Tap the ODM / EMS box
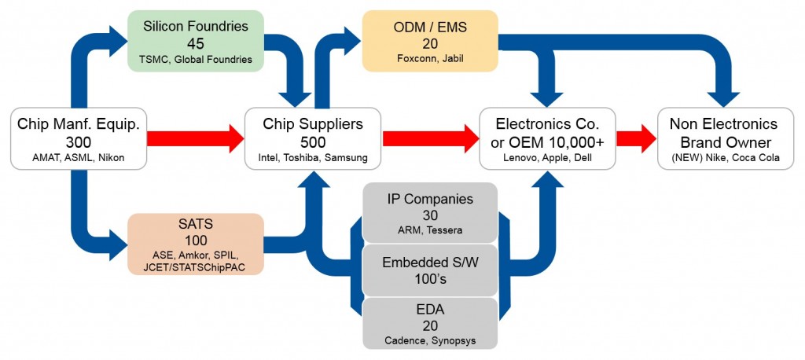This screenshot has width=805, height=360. (429, 40)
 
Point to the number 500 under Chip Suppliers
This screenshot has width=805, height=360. (313, 141)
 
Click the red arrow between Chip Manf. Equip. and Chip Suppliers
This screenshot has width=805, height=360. (194, 138)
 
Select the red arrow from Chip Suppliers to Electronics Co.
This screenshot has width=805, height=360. (430, 138)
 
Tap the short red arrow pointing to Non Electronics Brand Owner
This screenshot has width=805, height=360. (636, 138)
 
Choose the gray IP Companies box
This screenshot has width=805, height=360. (429, 213)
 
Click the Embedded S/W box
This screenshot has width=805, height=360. (429, 270)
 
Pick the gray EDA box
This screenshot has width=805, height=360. (429, 323)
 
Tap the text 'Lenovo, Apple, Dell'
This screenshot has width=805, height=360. (548, 158)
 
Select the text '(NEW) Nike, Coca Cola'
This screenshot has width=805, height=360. (723, 158)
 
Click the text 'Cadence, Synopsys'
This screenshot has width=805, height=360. (429, 340)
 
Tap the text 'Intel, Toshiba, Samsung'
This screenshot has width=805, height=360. (313, 158)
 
